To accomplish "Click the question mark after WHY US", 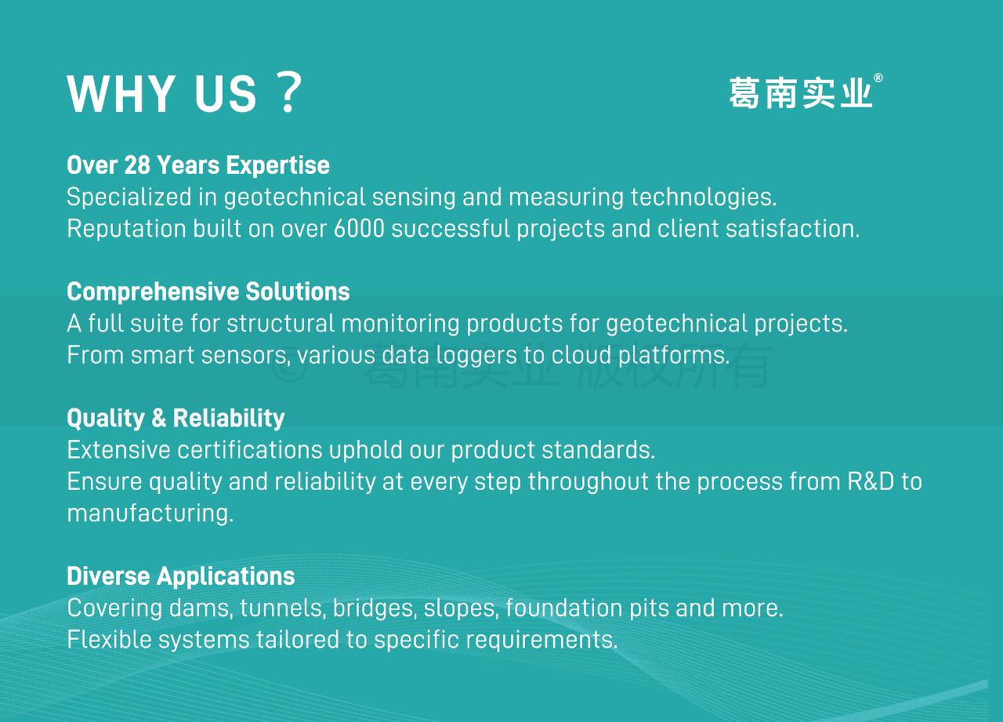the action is click(x=290, y=93).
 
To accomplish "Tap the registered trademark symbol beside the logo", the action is click(x=878, y=78).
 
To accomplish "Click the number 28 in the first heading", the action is click(x=137, y=165).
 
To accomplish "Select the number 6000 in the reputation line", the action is click(x=359, y=228).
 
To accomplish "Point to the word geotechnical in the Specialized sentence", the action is click(x=295, y=197).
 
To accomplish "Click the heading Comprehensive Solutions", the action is click(x=208, y=292).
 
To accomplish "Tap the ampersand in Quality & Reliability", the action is click(x=159, y=418).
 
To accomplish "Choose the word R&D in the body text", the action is click(x=871, y=481).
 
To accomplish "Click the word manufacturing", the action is click(x=150, y=513).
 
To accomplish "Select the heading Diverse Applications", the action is click(x=181, y=576).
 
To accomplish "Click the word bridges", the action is click(x=375, y=608).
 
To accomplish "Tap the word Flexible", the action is click(x=109, y=639).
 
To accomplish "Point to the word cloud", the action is click(x=581, y=355).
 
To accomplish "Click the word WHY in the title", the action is click(x=121, y=93).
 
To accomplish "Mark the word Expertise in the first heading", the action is click(x=278, y=165).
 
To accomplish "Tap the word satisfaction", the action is click(x=792, y=228).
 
